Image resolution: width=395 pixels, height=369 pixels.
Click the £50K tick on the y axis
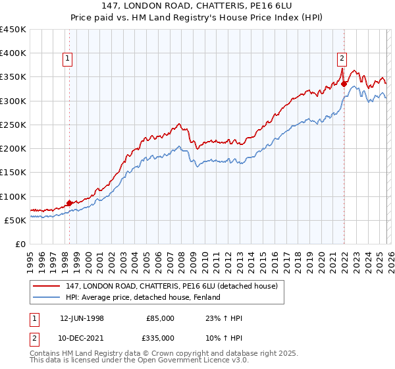pos(16,220)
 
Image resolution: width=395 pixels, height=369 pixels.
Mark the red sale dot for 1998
pos(70,203)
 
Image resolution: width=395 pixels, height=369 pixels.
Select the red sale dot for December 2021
pos(344,83)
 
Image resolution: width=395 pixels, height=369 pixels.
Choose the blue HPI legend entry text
pos(143,298)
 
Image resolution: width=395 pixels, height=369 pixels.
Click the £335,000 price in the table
pos(161,337)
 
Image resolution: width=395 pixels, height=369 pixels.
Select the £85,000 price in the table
pos(161,318)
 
